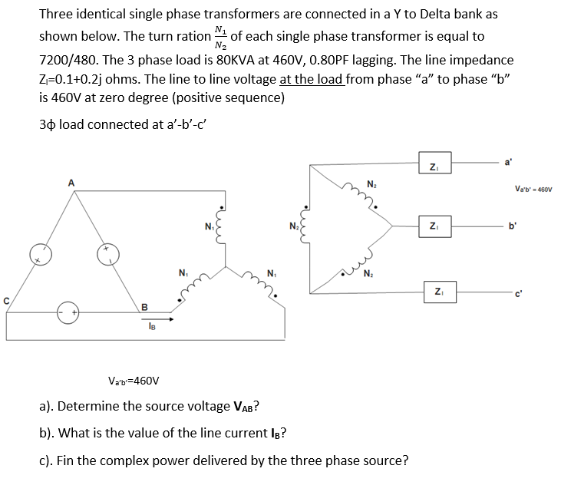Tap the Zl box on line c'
434,289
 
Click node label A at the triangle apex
71,182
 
